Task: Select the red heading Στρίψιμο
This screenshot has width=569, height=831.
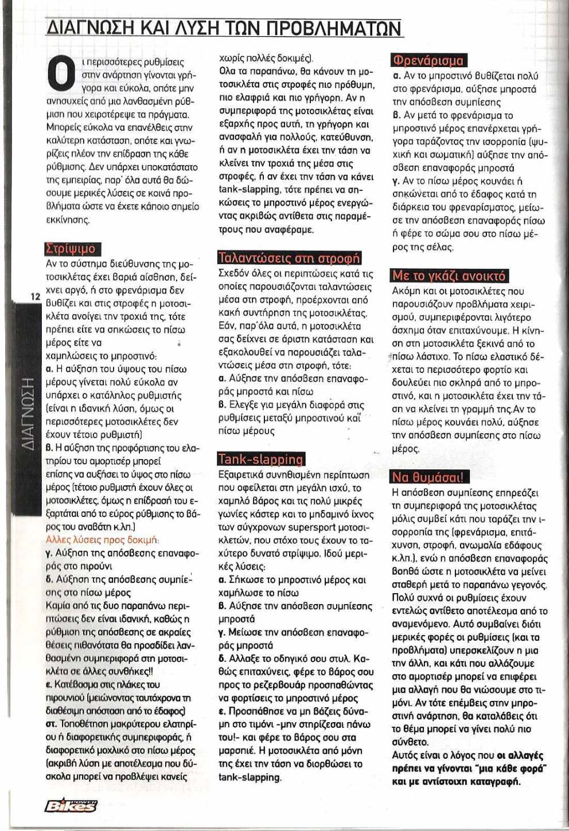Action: coord(71,249)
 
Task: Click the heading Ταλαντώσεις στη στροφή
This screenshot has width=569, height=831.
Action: coord(289,258)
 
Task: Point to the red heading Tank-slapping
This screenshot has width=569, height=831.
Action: coord(261,459)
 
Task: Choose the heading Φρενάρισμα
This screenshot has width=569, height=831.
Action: coord(428,60)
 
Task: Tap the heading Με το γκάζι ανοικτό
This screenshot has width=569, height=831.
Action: coord(449,276)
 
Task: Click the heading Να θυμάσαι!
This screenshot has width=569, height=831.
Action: coord(428,477)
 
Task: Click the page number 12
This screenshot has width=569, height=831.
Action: coord(36,296)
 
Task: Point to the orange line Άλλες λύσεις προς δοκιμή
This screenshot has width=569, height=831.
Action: coord(102,540)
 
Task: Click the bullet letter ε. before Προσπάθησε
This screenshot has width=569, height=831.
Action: coord(221,711)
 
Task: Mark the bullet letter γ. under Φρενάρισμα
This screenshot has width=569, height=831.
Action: coord(395,182)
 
